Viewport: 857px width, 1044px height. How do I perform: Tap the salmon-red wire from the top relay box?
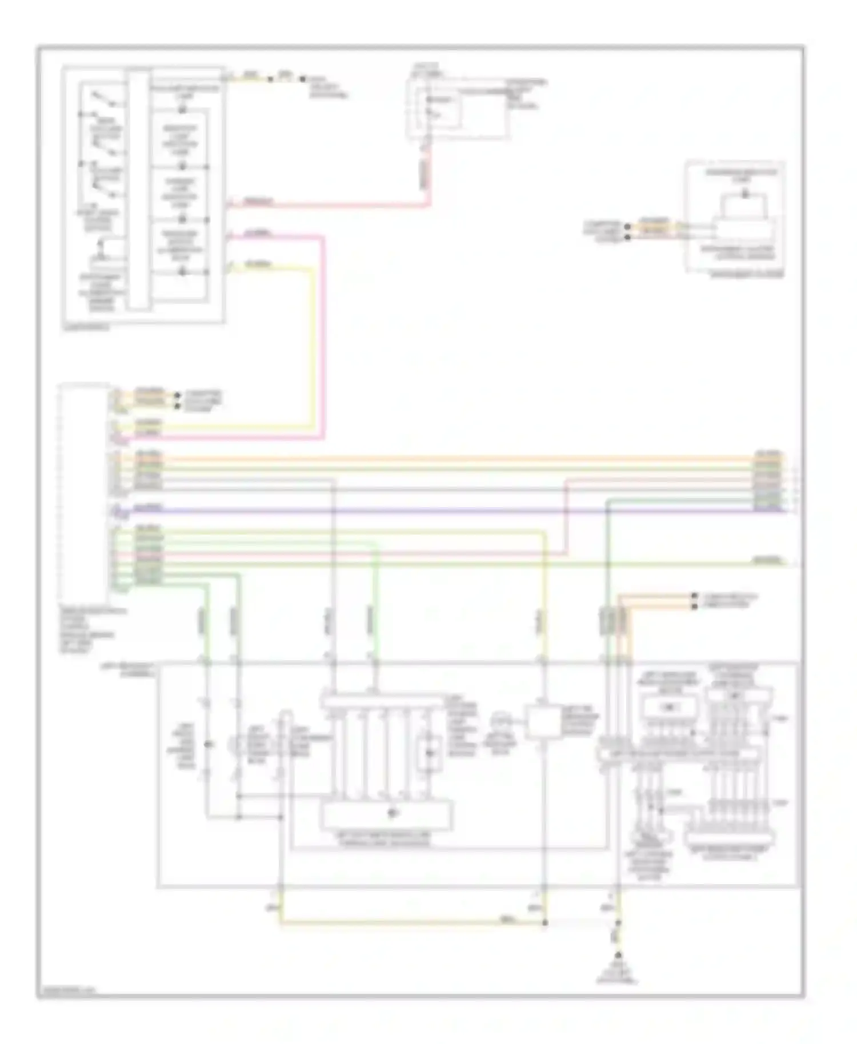tap(343, 204)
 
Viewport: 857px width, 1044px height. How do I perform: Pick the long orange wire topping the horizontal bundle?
tap(457, 458)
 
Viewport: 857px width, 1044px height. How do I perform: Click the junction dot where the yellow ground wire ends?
tap(545, 923)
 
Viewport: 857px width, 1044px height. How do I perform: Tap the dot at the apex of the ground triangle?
tap(618, 954)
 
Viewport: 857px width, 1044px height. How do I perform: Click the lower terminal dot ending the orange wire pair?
tap(694, 606)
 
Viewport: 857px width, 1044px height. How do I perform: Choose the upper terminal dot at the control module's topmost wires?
tap(178, 395)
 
